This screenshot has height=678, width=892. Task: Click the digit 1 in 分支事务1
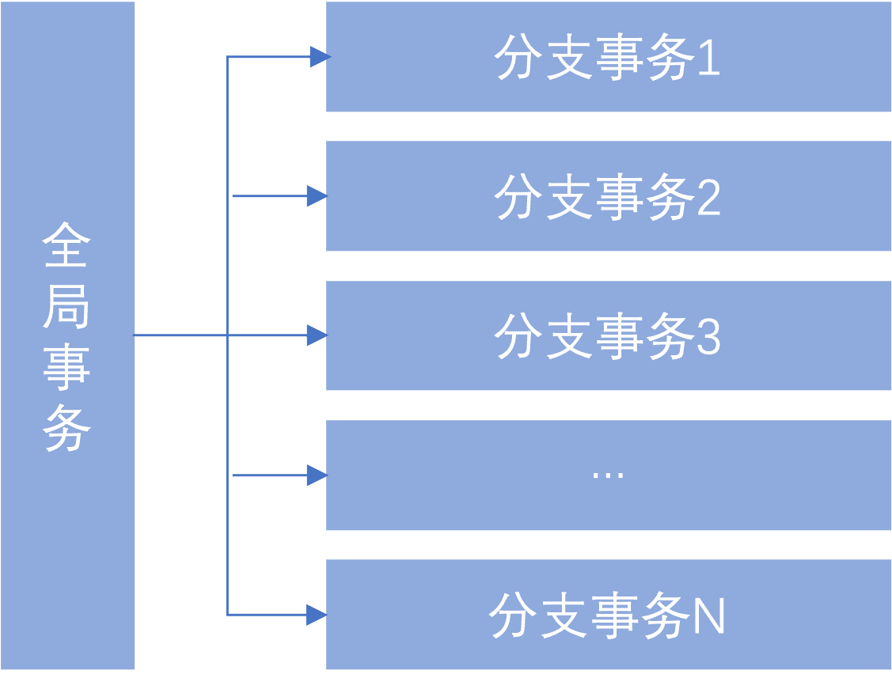coord(709,57)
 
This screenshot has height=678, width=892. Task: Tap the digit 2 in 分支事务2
coord(709,196)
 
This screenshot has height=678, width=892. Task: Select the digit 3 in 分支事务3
coord(709,336)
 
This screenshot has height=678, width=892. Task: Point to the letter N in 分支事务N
coord(710,616)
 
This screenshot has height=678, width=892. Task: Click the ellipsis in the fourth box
coord(608,475)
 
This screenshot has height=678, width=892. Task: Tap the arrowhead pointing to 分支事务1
coord(321,57)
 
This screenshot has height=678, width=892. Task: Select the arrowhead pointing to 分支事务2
coord(317,196)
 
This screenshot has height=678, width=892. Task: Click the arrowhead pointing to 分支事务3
coord(317,335)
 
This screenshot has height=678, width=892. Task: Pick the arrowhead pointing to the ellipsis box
coord(317,475)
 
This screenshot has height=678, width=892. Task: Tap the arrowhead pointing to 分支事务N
coord(317,615)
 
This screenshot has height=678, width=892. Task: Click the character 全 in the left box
coord(66,244)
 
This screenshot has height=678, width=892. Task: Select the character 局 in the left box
coord(66,306)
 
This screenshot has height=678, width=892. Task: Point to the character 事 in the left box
coord(66,367)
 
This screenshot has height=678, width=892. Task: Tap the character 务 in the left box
coord(66,428)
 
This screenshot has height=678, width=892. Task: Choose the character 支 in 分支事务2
coord(568,196)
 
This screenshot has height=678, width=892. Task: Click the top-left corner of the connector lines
coord(228,57)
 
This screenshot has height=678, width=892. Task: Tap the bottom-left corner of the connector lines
coord(228,615)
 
